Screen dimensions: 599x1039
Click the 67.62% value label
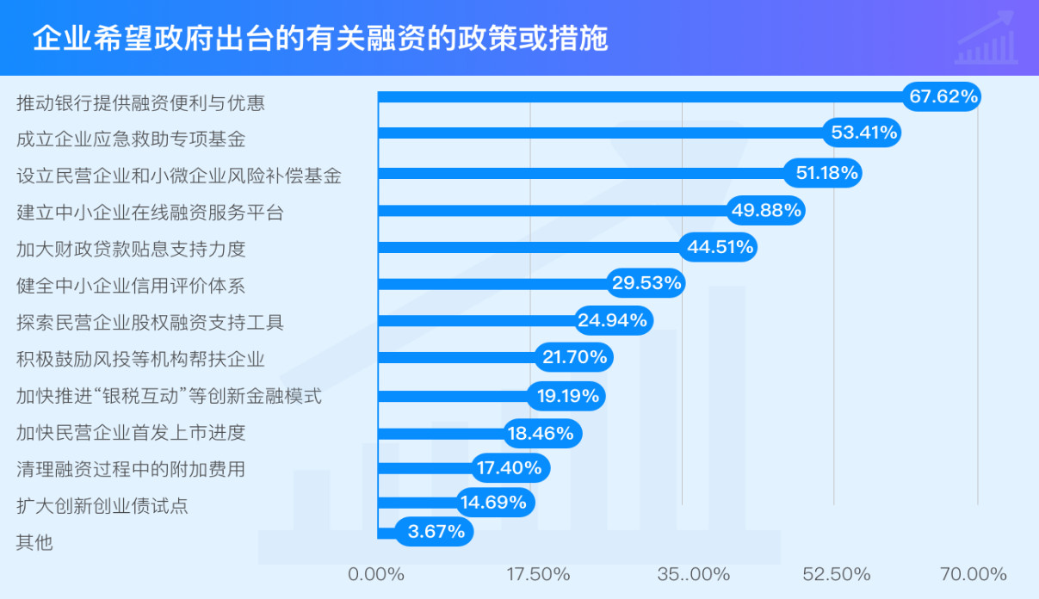[943, 96]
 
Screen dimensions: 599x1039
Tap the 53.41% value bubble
[863, 133]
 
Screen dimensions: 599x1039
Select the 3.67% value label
[436, 532]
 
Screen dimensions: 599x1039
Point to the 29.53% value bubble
[646, 283]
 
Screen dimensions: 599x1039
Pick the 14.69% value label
[493, 502]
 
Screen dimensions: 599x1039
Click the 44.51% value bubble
[720, 248]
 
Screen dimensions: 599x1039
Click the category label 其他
[34, 542]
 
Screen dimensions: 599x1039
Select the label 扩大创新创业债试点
[102, 506]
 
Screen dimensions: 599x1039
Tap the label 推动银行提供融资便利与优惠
[140, 103]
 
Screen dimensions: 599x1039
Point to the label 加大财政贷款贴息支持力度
[131, 249]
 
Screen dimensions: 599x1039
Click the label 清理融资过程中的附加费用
[131, 469]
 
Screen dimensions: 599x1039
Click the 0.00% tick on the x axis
[376, 574]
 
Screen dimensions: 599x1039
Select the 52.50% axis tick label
[836, 574]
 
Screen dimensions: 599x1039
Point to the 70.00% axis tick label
[973, 574]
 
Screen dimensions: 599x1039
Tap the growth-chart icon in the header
[986, 39]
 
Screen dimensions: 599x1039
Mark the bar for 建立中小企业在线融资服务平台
[551, 210]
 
